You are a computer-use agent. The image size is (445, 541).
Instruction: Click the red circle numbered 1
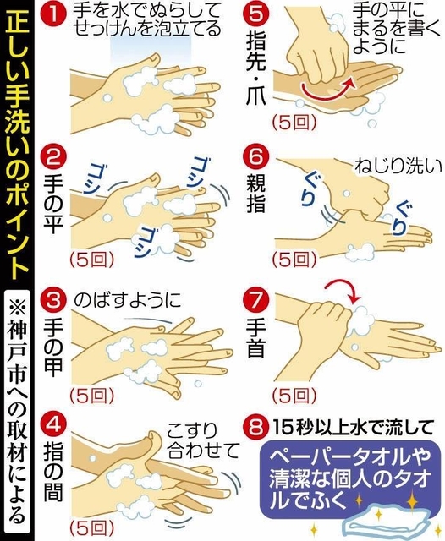[x=53, y=16]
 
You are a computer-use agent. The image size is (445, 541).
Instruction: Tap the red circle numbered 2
[x=53, y=157]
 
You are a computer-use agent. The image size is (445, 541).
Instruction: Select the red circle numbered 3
[x=53, y=298]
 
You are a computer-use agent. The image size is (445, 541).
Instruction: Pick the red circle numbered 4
[x=53, y=424]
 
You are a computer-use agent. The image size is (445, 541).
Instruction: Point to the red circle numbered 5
[x=255, y=14]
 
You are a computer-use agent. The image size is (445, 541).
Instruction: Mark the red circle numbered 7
[x=255, y=298]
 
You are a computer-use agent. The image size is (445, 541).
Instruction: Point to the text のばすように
[x=128, y=299]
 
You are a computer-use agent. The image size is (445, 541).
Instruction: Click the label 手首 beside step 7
[x=255, y=338]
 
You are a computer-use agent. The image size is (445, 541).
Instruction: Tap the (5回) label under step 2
[x=91, y=260]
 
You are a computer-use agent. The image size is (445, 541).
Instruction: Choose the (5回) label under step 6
[x=294, y=260]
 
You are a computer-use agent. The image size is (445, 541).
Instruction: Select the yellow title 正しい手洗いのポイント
[x=17, y=145]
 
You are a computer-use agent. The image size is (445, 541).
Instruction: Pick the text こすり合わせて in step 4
[x=203, y=440]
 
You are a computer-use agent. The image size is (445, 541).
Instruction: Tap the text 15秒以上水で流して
[x=353, y=428]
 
